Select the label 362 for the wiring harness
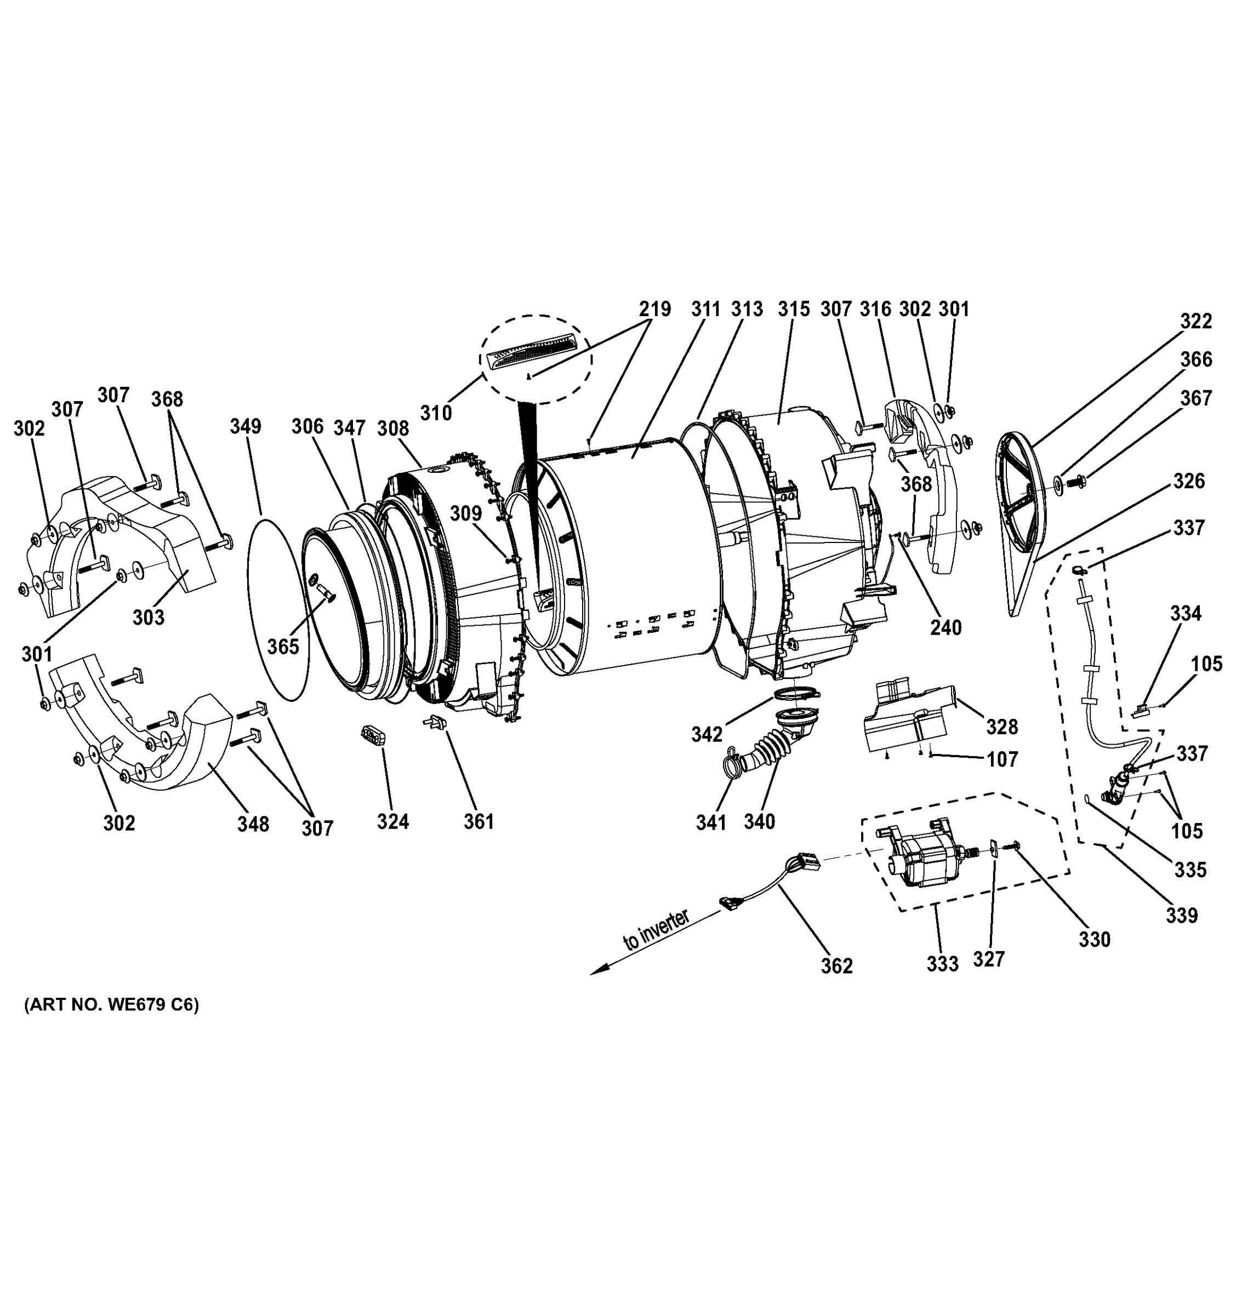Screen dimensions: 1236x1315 tap(836, 966)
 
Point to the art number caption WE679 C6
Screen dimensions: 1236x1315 tap(111, 1005)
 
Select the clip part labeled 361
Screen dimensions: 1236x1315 tap(435, 722)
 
